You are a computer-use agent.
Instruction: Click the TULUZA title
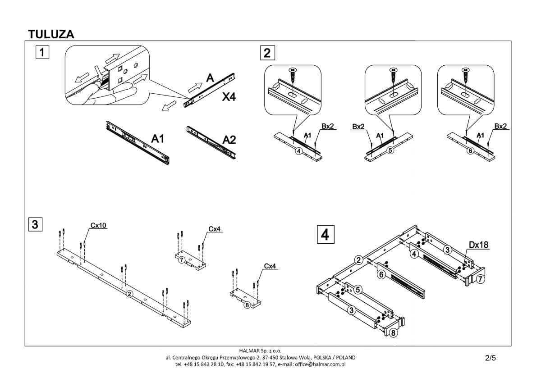point(51,34)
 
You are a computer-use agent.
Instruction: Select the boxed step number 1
point(41,53)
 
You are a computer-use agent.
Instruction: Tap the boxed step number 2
point(267,53)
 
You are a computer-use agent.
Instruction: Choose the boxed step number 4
point(326,234)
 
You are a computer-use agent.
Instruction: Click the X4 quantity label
point(229,97)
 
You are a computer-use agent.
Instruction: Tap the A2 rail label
point(229,140)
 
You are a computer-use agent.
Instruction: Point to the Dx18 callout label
point(479,245)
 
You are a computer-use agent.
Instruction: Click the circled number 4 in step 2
point(298,151)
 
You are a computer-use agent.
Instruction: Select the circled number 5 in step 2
point(390,150)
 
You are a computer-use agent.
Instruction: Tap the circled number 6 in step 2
point(470,151)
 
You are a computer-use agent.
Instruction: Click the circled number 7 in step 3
point(181,260)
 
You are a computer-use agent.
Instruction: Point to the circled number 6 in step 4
point(381,274)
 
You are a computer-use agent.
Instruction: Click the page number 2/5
point(490,359)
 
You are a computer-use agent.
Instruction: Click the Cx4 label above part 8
point(270,266)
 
